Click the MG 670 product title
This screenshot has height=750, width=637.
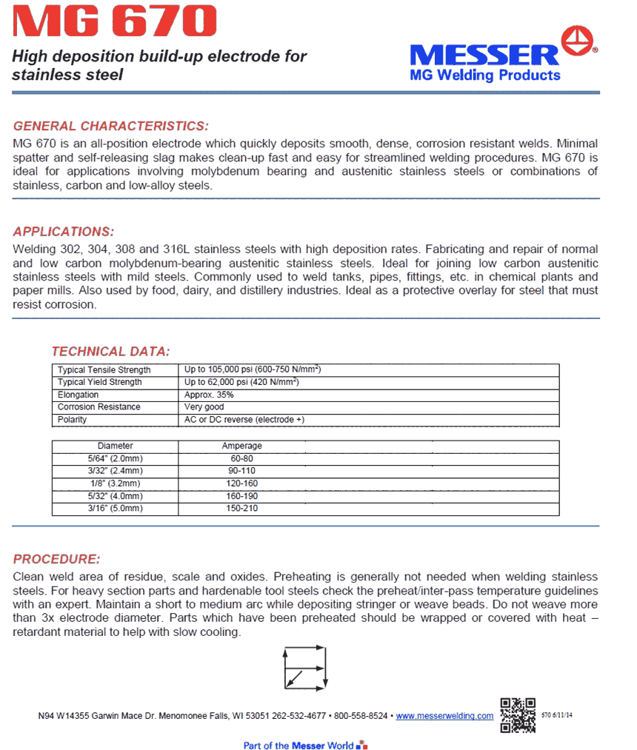[116, 22]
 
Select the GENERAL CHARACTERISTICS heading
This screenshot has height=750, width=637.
[111, 126]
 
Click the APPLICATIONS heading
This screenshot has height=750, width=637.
[64, 231]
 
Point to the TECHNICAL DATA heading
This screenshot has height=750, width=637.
[110, 351]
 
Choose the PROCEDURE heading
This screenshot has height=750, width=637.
[56, 559]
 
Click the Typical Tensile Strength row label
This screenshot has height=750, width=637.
[104, 369]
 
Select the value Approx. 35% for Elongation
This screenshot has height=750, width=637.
[209, 395]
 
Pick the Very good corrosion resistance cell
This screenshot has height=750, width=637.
[204, 407]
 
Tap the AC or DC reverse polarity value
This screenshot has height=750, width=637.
[244, 420]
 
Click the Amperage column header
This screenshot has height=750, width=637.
[242, 446]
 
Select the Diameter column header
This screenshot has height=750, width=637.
[116, 446]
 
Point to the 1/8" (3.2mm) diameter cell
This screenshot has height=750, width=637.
[116, 483]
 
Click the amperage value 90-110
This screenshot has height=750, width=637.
[242, 471]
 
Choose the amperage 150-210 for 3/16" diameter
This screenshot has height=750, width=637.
[242, 509]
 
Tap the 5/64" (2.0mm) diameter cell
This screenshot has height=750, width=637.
[116, 459]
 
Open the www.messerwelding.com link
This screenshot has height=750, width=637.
[444, 716]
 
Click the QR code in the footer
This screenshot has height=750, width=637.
[518, 714]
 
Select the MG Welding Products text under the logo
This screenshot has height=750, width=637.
[485, 76]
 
